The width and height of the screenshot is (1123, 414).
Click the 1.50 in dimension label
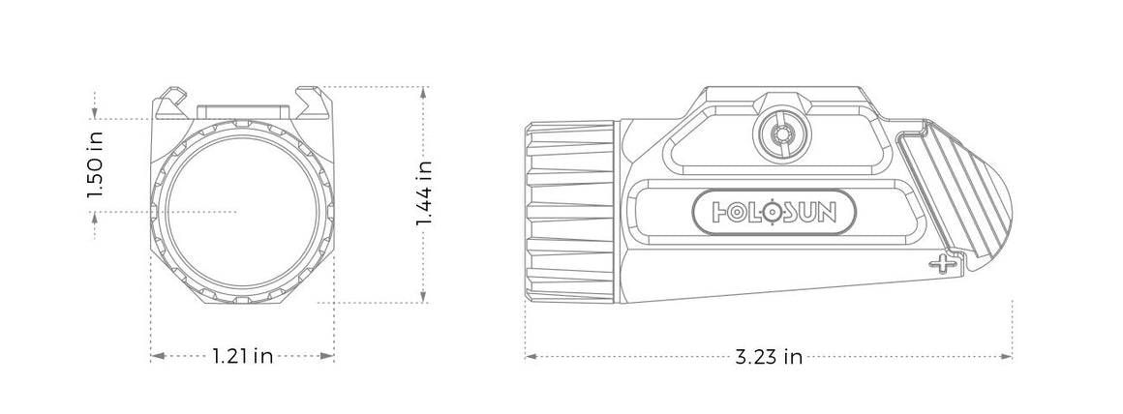[x=94, y=164]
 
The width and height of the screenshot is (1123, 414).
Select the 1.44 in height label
[x=423, y=193]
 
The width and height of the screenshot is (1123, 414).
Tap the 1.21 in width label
[x=242, y=357]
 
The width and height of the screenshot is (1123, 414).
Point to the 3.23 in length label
[x=769, y=357]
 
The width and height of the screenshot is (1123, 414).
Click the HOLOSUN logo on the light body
[x=773, y=211]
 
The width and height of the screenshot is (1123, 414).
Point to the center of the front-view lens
[x=237, y=210]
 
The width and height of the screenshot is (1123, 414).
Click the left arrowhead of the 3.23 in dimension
[x=529, y=357]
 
